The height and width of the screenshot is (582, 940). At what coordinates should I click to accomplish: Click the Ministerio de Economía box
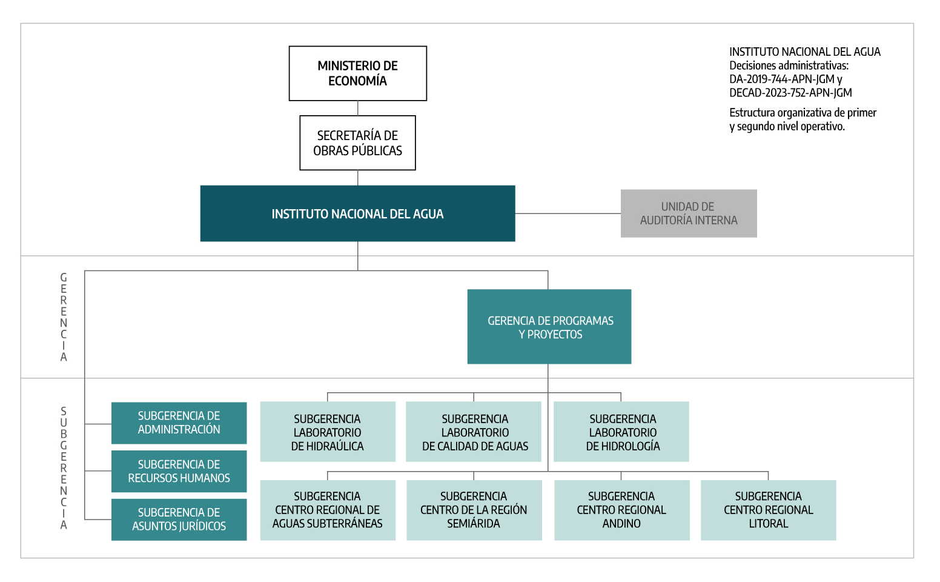[x=357, y=73]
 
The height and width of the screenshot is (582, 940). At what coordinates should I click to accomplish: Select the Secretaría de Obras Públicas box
[x=357, y=143]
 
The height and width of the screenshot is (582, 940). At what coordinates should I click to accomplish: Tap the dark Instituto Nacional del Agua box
[x=357, y=213]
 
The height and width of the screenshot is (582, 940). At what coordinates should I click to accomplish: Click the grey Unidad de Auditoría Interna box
[x=689, y=213]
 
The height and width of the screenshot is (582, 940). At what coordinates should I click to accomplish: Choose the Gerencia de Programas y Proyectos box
[x=549, y=327]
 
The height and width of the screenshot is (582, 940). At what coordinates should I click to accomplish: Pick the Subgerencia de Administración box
[x=179, y=423]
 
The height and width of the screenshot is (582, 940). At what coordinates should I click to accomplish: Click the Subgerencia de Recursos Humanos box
[x=179, y=471]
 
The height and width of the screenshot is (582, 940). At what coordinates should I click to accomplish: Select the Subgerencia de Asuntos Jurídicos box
[x=179, y=520]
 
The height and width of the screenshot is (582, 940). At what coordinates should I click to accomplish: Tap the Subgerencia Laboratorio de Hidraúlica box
[x=328, y=432]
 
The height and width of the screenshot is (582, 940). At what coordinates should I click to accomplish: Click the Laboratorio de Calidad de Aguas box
[x=474, y=432]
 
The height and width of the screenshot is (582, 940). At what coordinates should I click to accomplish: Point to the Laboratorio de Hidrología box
[x=621, y=432]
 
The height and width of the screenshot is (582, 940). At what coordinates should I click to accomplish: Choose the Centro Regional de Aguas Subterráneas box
[x=328, y=510]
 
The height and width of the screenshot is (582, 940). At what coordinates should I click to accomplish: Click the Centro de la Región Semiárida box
[x=474, y=510]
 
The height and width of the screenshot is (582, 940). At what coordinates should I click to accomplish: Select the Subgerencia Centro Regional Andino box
[x=621, y=510]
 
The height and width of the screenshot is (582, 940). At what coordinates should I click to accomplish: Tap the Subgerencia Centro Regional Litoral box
[x=768, y=510]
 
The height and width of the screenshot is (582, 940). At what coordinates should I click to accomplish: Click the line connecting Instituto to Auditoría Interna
[x=568, y=213]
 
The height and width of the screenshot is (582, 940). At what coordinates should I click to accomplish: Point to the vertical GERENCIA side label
[x=64, y=317]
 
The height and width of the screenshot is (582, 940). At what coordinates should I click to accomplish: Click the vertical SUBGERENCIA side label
[x=64, y=468]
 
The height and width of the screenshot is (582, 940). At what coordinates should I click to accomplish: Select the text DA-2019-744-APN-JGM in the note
[x=781, y=79]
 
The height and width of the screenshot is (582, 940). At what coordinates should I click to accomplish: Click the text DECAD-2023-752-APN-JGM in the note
[x=790, y=93]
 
